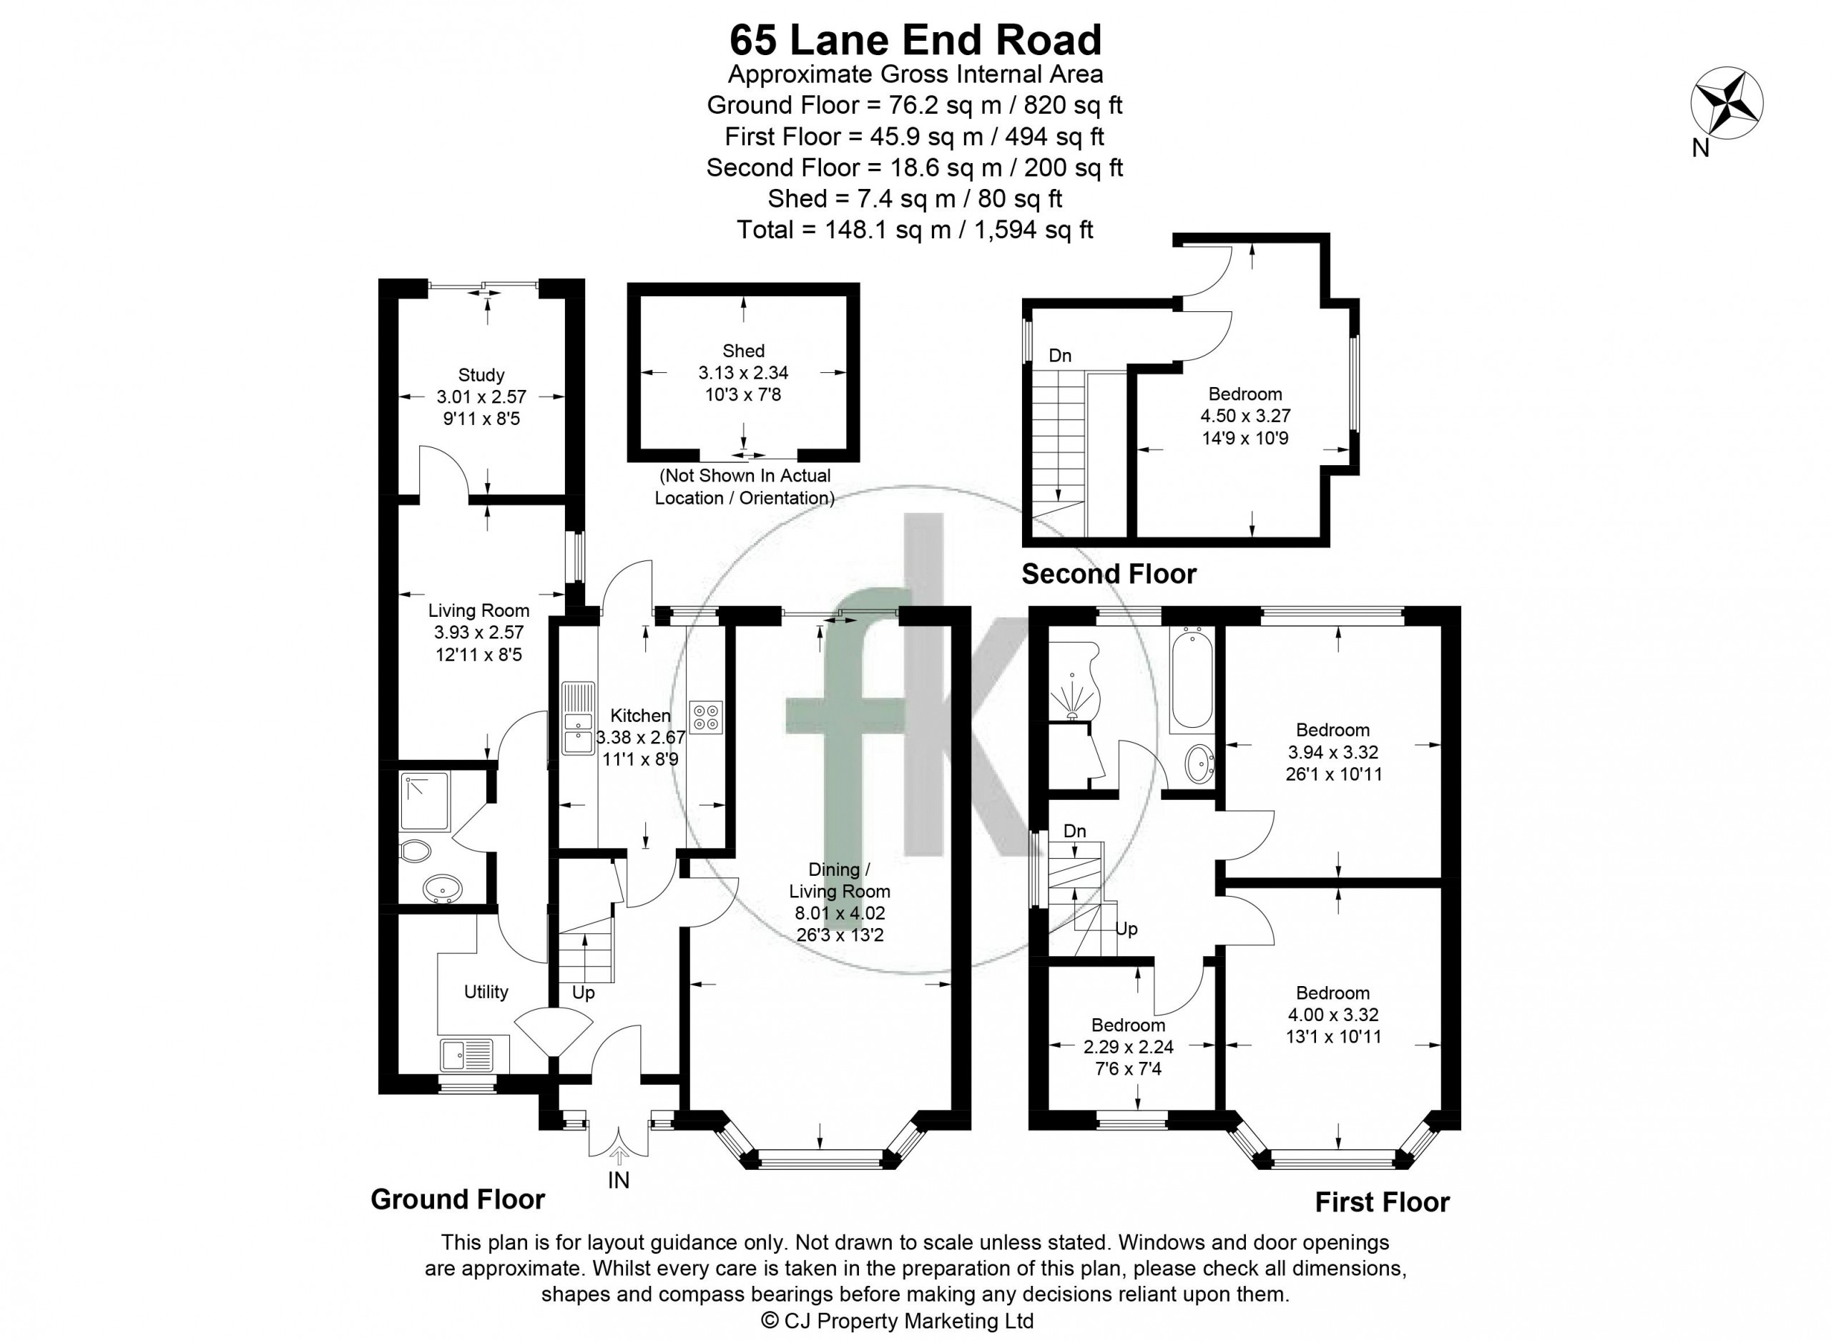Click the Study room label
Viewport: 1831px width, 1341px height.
(481, 375)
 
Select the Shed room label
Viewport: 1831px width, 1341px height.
(743, 351)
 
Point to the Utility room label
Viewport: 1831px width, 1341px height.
(486, 991)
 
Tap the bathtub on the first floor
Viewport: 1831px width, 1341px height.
(1192, 681)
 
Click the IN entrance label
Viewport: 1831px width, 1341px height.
(618, 1180)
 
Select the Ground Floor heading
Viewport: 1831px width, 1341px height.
(458, 1199)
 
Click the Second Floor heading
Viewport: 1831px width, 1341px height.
(1108, 574)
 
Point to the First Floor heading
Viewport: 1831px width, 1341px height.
(1382, 1201)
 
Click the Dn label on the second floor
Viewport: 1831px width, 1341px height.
(1059, 356)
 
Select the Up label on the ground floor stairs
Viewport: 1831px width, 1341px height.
(584, 993)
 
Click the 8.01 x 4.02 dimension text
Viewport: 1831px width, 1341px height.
(840, 913)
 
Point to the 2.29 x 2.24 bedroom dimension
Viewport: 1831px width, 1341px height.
(1129, 1047)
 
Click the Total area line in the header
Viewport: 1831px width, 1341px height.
(915, 230)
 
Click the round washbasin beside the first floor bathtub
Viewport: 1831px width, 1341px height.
(1198, 763)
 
